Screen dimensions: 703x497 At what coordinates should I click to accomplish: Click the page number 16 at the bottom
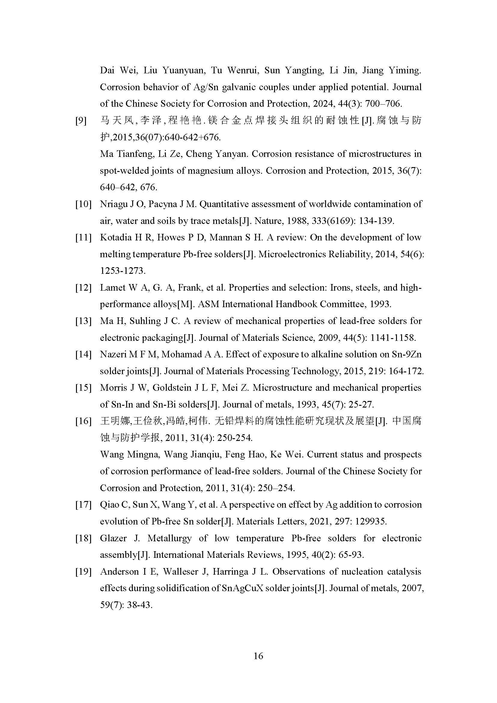pyautogui.click(x=258, y=656)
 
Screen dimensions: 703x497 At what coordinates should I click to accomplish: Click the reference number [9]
pyautogui.click(x=81, y=121)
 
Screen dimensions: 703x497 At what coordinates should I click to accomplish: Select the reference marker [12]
pyautogui.click(x=84, y=288)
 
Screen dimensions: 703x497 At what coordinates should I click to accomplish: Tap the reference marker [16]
pyautogui.click(x=84, y=421)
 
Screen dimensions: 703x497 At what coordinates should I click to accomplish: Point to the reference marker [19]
pyautogui.click(x=84, y=571)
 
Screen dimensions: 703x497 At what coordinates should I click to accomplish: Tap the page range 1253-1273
pyautogui.click(x=122, y=271)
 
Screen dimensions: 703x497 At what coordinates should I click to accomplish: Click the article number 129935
pyautogui.click(x=370, y=521)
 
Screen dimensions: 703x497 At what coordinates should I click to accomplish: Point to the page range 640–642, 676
pyautogui.click(x=128, y=187)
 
